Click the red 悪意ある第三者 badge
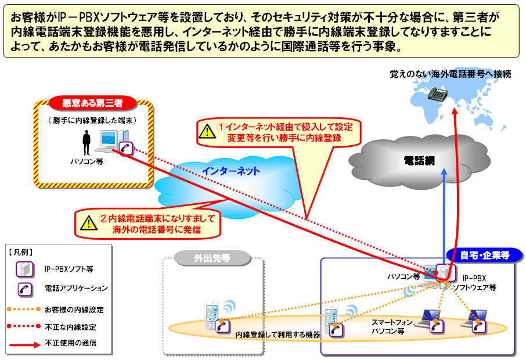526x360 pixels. (x=92, y=103)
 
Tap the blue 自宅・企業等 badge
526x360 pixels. (x=484, y=255)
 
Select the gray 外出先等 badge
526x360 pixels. (x=212, y=258)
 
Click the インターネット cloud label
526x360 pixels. (x=231, y=171)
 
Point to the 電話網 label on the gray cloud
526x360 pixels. (x=419, y=161)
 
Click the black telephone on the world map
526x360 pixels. (x=438, y=93)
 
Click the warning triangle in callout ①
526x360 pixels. (x=207, y=131)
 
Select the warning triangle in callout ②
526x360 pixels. (x=89, y=223)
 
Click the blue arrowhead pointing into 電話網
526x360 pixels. (x=444, y=171)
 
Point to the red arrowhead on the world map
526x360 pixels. (x=455, y=111)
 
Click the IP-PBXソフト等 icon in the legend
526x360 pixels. (x=25, y=269)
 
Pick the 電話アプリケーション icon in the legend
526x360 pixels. (x=25, y=289)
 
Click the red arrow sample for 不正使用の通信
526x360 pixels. (x=25, y=344)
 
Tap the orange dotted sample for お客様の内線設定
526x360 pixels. (x=24, y=309)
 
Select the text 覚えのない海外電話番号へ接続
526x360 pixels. (x=450, y=74)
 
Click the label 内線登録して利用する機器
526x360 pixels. (x=278, y=334)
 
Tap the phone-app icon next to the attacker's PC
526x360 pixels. (x=126, y=148)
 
